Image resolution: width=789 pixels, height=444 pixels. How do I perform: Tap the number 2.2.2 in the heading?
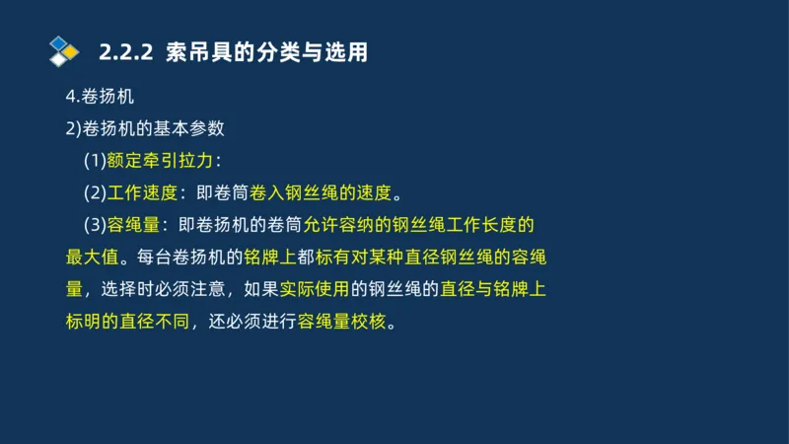click(x=125, y=52)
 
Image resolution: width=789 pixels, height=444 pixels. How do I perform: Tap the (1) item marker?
click(x=95, y=161)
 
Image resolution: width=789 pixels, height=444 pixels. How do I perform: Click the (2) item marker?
click(x=95, y=192)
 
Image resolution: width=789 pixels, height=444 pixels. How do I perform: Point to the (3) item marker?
click(x=95, y=225)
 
